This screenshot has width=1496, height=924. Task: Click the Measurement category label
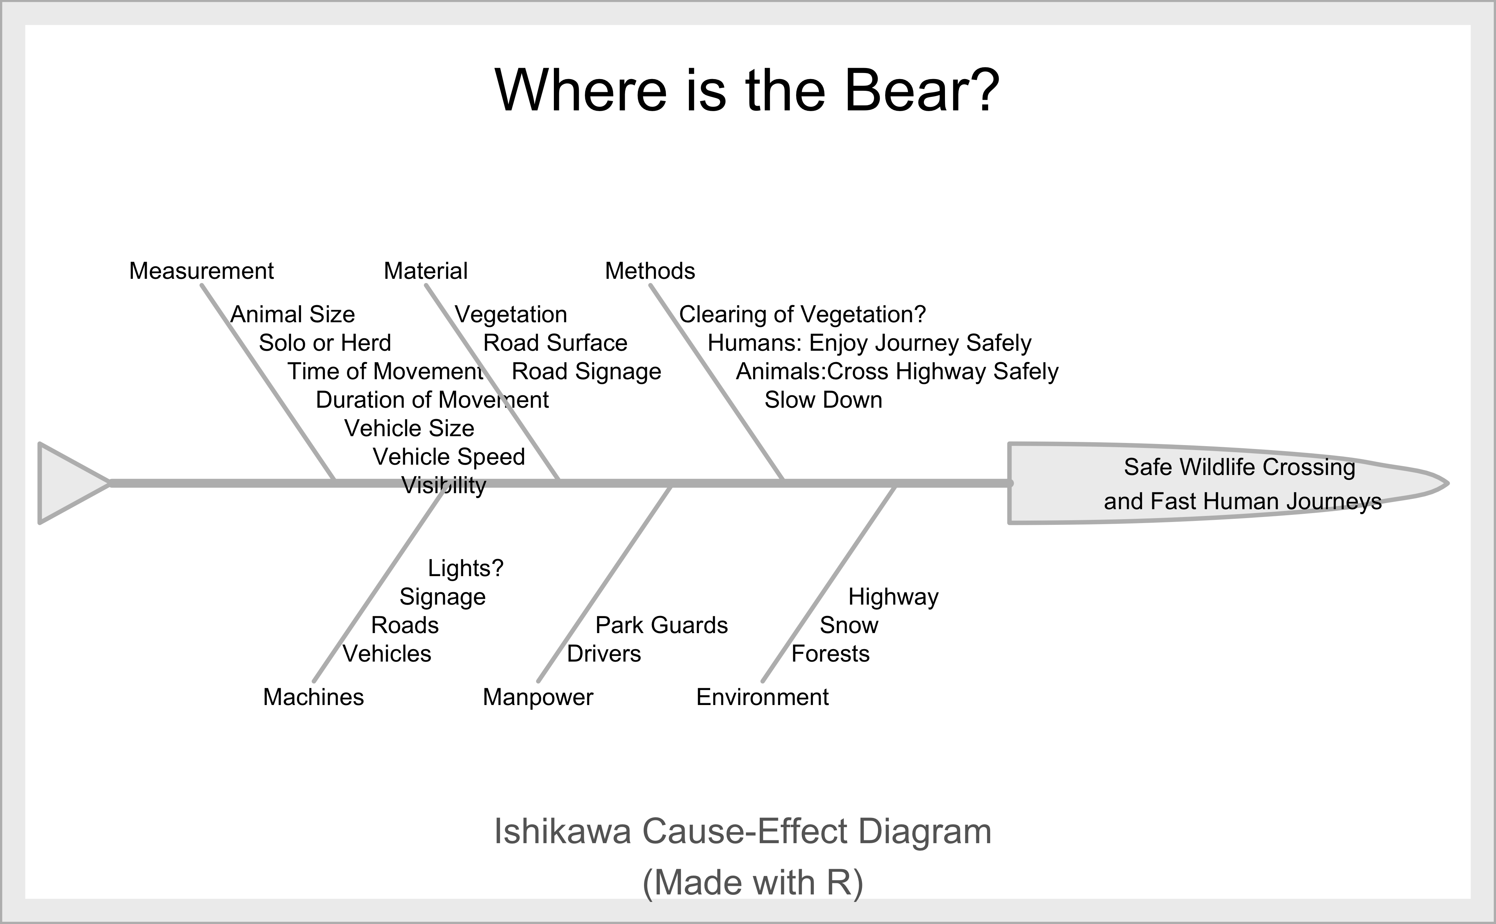201,271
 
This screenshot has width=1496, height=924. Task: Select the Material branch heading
426,271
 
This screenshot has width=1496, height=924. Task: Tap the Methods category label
650,271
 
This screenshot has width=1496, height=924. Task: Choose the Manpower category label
538,697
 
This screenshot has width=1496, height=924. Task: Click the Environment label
762,697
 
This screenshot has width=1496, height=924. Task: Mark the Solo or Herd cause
324,343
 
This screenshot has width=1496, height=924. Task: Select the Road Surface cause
555,343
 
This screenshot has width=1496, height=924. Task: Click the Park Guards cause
661,625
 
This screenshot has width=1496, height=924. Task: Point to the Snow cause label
849,625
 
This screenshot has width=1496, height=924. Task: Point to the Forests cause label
830,654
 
